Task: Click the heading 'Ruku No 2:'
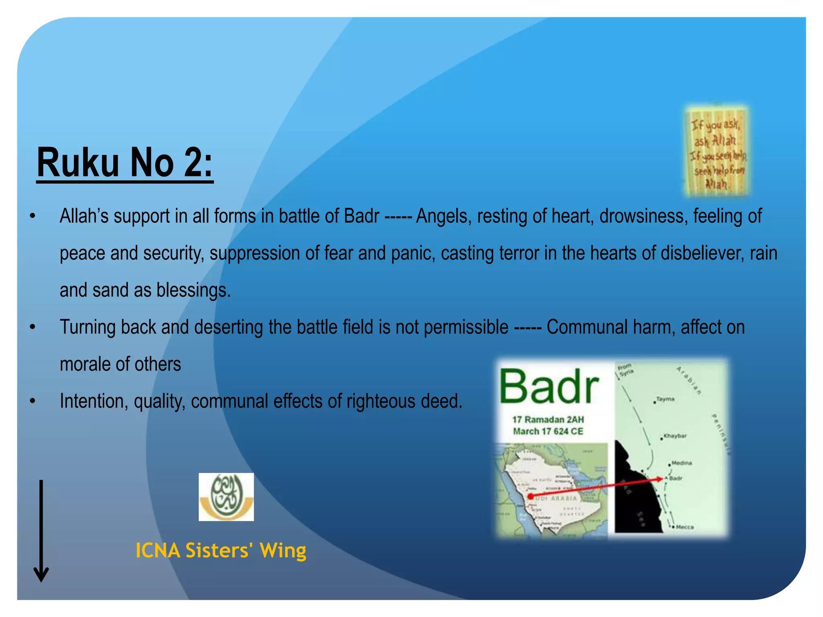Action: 125,163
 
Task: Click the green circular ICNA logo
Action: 226,496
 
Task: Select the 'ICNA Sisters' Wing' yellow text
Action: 221,550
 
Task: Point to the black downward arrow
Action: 41,530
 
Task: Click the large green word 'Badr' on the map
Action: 549,386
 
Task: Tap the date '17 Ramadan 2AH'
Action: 548,420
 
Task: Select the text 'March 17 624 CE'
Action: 548,431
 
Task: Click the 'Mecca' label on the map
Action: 684,527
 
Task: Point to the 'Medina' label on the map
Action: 682,463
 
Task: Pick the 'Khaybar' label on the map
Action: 675,436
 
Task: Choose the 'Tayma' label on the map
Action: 665,399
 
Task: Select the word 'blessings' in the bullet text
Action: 193,290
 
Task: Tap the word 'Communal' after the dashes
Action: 587,327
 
